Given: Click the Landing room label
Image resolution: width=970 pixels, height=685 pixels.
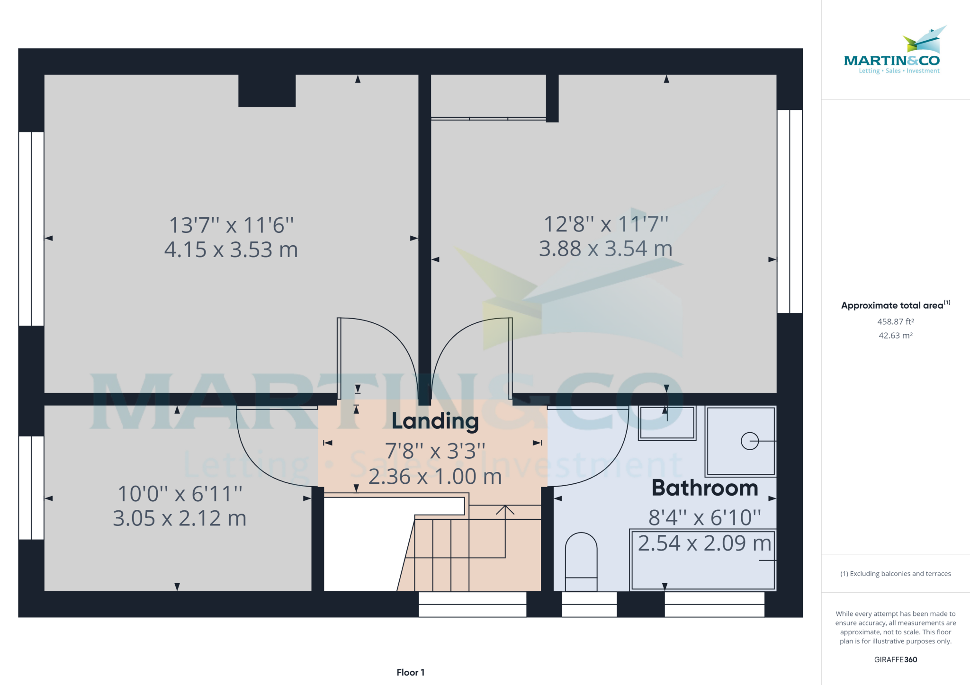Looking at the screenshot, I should click(435, 421).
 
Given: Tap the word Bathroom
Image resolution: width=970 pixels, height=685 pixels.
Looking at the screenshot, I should click(705, 488).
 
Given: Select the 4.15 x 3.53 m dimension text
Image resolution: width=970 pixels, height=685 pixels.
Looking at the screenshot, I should click(231, 249).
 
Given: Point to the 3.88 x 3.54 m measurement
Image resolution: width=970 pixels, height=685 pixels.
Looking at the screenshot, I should click(606, 249).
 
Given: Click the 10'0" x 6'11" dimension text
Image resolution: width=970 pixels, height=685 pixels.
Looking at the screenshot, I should click(180, 494).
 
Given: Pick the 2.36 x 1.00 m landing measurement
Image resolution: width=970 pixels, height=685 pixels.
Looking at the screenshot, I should click(435, 477).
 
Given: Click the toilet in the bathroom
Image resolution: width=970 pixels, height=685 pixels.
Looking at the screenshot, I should click(581, 561).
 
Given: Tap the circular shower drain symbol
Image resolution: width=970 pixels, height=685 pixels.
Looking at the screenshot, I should click(750, 441).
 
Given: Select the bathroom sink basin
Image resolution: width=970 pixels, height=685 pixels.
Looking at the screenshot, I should click(667, 423).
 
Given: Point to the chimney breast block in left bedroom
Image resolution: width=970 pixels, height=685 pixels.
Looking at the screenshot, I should click(267, 90).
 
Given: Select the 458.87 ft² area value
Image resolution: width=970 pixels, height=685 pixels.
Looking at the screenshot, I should click(895, 321).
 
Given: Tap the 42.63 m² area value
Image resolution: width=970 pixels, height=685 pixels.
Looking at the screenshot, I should click(895, 336).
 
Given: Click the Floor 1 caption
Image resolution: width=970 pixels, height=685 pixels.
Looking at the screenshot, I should click(410, 672).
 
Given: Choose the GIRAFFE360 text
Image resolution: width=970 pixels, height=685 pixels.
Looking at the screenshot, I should click(895, 659).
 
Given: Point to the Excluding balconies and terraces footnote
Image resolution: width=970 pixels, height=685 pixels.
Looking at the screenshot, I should click(895, 574).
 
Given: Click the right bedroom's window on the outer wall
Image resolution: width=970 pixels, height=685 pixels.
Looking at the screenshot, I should click(790, 212).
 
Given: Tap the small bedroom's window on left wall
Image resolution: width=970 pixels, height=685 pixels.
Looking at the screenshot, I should click(31, 488).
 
